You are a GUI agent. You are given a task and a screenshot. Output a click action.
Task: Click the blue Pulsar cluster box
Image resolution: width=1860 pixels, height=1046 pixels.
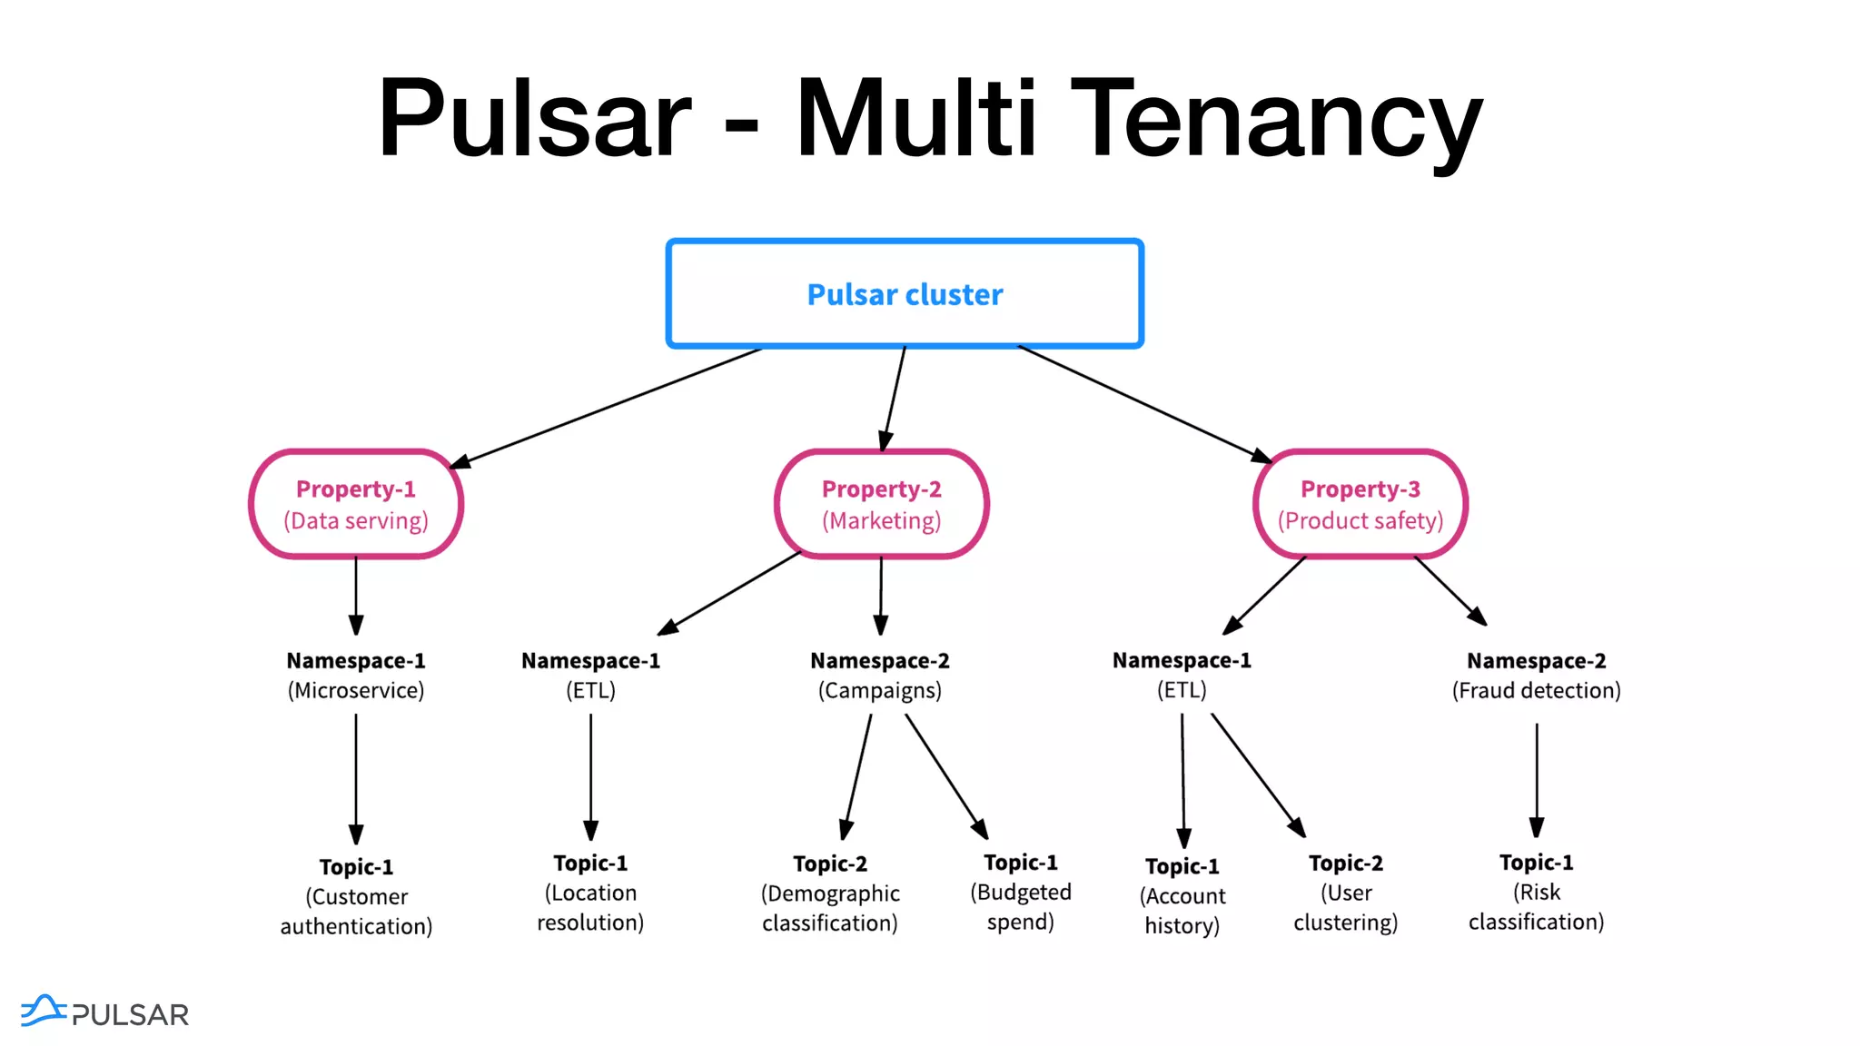tap(905, 293)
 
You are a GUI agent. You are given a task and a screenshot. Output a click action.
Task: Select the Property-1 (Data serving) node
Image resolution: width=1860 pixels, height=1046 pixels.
tap(356, 504)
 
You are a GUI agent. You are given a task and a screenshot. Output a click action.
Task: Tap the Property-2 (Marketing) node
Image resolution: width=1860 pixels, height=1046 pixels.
tap(881, 504)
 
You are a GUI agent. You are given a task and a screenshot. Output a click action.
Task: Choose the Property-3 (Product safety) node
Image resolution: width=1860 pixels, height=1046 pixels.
tap(1360, 504)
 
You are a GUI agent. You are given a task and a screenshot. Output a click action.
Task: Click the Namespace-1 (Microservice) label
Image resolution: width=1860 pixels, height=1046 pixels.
tap(356, 676)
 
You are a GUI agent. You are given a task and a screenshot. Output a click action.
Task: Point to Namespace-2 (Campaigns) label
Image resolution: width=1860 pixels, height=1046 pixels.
tap(880, 676)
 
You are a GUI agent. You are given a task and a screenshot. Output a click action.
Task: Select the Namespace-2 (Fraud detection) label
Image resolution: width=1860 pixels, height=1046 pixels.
tap(1537, 676)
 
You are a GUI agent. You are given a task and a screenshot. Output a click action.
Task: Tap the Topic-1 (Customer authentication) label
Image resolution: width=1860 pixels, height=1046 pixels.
tap(356, 896)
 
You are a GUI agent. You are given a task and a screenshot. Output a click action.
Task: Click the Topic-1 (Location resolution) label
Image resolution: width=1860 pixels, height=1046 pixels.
tap(590, 893)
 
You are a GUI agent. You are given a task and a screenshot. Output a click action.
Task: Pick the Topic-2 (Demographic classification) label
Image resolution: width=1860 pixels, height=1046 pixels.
tap(830, 893)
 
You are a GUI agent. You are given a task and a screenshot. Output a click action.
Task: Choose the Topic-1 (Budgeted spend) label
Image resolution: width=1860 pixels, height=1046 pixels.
tap(1021, 892)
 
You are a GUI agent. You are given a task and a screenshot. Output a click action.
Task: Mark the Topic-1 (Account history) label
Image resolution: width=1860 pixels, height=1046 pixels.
tap(1182, 896)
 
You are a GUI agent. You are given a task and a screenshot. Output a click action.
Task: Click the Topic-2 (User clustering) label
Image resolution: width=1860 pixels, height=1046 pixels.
tap(1346, 893)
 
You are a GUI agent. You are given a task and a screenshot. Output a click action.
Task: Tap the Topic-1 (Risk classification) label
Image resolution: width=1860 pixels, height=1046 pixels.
tap(1537, 892)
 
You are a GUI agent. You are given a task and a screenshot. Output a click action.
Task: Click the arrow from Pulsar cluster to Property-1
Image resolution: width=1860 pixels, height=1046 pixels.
tap(606, 408)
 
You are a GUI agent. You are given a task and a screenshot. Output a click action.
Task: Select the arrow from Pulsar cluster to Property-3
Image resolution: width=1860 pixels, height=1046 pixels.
tap(1144, 404)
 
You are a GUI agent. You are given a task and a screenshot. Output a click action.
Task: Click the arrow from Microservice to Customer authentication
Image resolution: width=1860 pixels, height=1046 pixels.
tap(356, 779)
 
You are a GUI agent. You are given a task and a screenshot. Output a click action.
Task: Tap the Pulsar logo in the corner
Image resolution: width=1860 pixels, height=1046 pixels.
tap(104, 1012)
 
